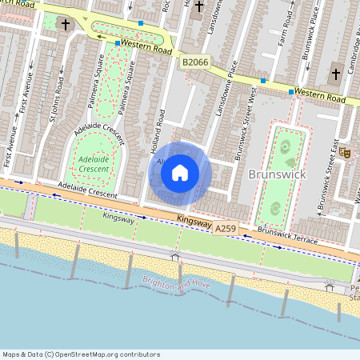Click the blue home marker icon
tap(180, 173)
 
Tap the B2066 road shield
tap(194, 62)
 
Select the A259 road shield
tap(226, 229)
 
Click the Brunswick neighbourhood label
tap(276, 174)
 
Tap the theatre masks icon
tap(346, 152)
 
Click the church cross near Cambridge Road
tap(335, 76)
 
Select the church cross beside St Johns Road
tap(64, 24)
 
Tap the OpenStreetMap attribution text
tap(81, 354)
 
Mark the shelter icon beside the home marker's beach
tap(174, 256)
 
